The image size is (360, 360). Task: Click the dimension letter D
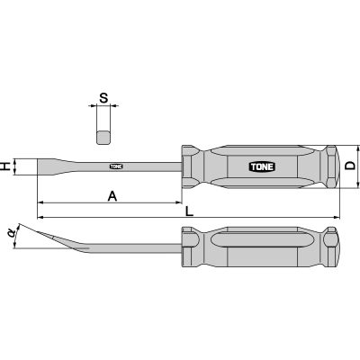(x=350, y=166)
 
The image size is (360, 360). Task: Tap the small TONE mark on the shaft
(x=116, y=166)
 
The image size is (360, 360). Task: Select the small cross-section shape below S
(x=104, y=136)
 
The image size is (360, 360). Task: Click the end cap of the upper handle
(x=330, y=166)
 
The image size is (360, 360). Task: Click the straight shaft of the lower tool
(x=135, y=243)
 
